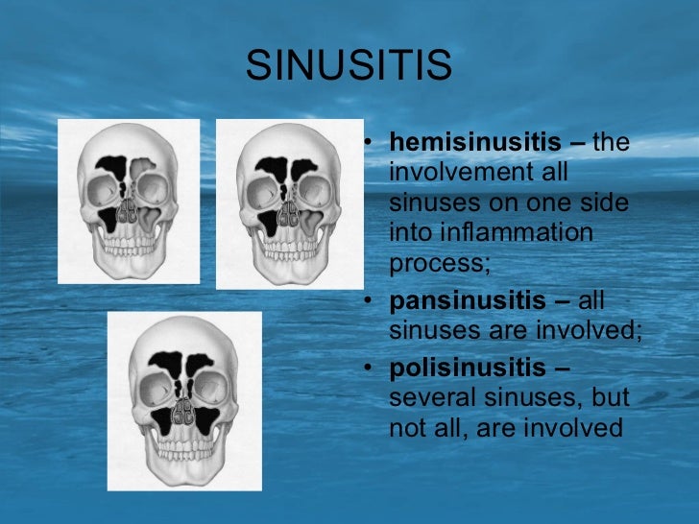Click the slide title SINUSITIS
click(349, 66)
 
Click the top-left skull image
click(129, 201)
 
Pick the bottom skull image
click(184, 398)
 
